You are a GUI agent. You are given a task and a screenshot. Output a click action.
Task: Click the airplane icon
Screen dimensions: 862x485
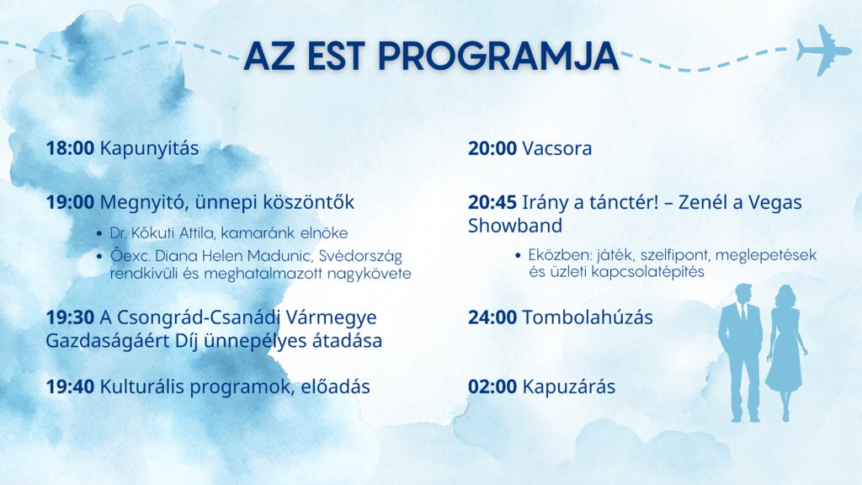click(824, 50)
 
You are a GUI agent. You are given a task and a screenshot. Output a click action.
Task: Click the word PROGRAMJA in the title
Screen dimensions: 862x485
click(498, 56)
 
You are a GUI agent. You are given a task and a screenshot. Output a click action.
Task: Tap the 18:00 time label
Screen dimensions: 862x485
click(70, 148)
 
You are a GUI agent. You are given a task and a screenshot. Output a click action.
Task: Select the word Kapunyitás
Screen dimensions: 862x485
click(149, 149)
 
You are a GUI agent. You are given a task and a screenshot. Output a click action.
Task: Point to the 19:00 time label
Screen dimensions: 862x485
click(70, 202)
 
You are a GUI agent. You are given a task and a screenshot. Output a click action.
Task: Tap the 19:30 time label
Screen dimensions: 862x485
click(70, 317)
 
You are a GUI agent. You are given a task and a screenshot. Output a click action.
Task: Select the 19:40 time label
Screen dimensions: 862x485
click(70, 386)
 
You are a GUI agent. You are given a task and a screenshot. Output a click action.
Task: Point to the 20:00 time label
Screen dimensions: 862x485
click(492, 148)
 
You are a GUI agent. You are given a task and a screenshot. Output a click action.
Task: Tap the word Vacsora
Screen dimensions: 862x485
click(557, 148)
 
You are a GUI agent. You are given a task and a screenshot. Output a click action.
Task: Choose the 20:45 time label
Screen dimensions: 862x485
click(492, 202)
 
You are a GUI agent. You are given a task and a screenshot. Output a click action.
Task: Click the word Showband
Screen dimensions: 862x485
click(515, 226)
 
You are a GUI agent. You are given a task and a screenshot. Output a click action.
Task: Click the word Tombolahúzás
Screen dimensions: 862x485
click(587, 317)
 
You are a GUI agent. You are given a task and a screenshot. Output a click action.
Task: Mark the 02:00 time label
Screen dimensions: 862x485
click(492, 386)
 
